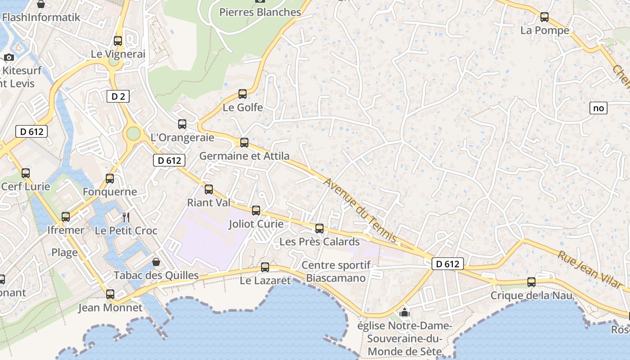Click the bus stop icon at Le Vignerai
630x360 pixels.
pyautogui.click(x=118, y=41)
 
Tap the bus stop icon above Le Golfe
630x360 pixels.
pyautogui.click(x=243, y=94)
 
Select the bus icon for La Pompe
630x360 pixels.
pyautogui.click(x=544, y=18)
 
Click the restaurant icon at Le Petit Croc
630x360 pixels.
pyautogui.click(x=126, y=217)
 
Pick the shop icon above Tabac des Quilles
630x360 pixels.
pyautogui.click(x=156, y=261)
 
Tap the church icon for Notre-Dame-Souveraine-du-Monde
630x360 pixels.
pyautogui.click(x=404, y=312)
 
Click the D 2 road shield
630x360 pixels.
pyautogui.click(x=118, y=96)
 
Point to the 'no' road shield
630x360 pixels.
pyautogui.click(x=598, y=108)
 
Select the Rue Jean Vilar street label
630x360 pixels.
pyautogui.click(x=590, y=270)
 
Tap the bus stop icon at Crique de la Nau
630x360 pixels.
pyautogui.click(x=531, y=282)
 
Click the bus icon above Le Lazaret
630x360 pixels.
pyautogui.click(x=265, y=267)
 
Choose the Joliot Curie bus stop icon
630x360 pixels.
pyautogui.click(x=256, y=210)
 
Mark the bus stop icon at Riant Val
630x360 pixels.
pyautogui.click(x=208, y=189)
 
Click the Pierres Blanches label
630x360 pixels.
pyautogui.click(x=260, y=12)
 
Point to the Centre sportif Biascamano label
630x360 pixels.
pyautogui.click(x=336, y=271)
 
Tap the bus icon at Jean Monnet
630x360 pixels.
pyautogui.click(x=110, y=294)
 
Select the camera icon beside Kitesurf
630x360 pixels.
pyautogui.click(x=9, y=57)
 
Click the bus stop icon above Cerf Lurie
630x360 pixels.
pyautogui.click(x=26, y=173)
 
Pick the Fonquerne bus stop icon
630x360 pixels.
pyautogui.click(x=110, y=178)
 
